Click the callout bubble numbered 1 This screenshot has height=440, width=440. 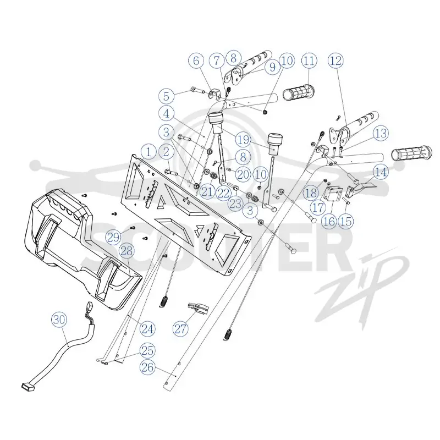pyautogui.click(x=148, y=152)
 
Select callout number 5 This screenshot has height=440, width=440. pyautogui.click(x=167, y=96)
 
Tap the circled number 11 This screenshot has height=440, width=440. pyautogui.click(x=309, y=61)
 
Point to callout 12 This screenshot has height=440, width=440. pyautogui.click(x=335, y=61)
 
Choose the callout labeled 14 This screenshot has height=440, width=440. pyautogui.click(x=381, y=172)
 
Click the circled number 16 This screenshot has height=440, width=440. pyautogui.click(x=329, y=222)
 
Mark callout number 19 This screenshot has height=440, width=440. pyautogui.click(x=243, y=140)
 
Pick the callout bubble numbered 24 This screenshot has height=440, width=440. pyautogui.click(x=147, y=329)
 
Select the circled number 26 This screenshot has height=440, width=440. pyautogui.click(x=147, y=367)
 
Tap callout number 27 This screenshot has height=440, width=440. pyautogui.click(x=180, y=328)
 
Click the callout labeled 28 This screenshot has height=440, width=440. pyautogui.click(x=127, y=251)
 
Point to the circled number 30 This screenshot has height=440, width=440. pyautogui.click(x=59, y=320)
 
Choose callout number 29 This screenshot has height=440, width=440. pyautogui.click(x=113, y=238)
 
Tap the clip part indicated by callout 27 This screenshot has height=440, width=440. pyautogui.click(x=198, y=308)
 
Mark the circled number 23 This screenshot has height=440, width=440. pyautogui.click(x=235, y=204)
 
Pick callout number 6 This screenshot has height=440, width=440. pyautogui.click(x=196, y=61)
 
